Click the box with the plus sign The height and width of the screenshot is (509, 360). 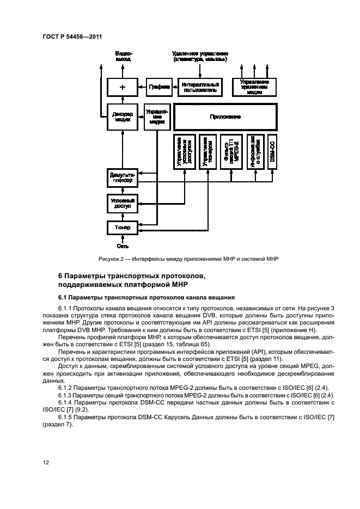pos(122,87)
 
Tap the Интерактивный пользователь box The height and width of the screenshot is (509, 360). pos(200,87)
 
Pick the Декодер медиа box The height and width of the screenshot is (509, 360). pos(122,117)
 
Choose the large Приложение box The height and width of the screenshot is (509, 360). pos(225,117)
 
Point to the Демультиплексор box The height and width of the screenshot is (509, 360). pos(122,177)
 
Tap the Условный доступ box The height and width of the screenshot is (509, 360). pos(122,204)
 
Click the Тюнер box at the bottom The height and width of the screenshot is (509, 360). pos(122,226)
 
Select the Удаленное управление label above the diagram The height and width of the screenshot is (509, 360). pos(200,56)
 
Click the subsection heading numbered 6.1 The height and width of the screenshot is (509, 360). pos(147,297)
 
